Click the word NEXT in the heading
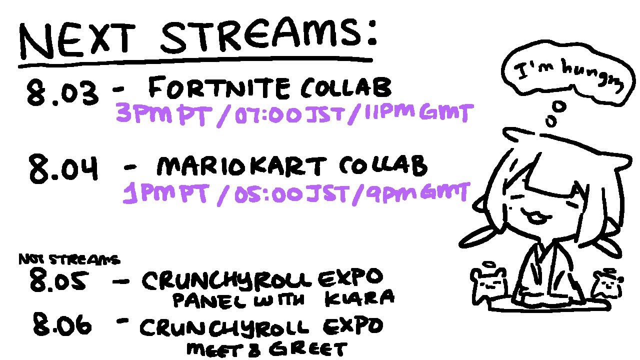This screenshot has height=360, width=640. (x=76, y=40)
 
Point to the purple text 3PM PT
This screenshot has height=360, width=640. (x=164, y=114)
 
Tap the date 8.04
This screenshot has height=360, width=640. (x=63, y=168)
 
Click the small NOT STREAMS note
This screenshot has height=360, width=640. (x=69, y=259)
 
